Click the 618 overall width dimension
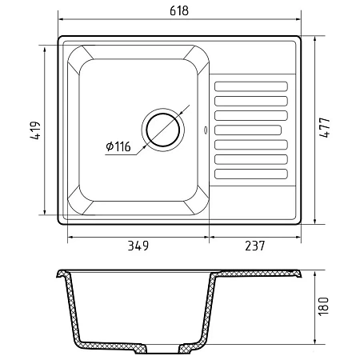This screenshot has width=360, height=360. click(x=179, y=11)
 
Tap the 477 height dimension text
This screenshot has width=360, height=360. click(x=325, y=127)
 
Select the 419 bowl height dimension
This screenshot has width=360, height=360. click(x=35, y=130)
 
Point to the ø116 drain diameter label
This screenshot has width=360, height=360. click(x=118, y=146)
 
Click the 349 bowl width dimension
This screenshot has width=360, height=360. click(x=138, y=246)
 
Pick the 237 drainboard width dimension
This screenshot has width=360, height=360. click(x=255, y=246)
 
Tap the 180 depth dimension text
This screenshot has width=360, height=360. click(x=324, y=306)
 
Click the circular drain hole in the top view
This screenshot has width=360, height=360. click(x=163, y=130)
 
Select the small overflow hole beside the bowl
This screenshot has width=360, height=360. click(x=206, y=130)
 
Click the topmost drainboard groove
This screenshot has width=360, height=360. click(x=251, y=86)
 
